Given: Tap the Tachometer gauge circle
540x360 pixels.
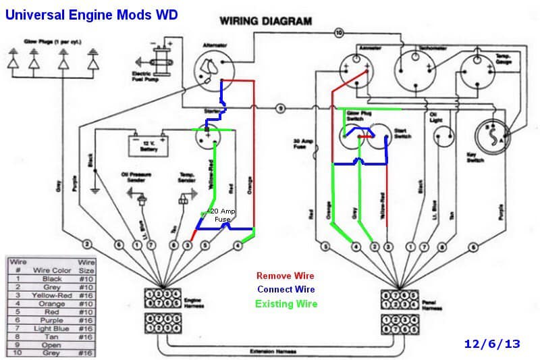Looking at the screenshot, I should pyautogui.click(x=417, y=72).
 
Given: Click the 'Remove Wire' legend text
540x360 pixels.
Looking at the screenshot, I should pyautogui.click(x=286, y=276).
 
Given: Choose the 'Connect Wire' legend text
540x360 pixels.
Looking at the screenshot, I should pyautogui.click(x=286, y=289).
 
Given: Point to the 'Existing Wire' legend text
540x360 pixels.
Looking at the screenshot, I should pyautogui.click(x=286, y=303).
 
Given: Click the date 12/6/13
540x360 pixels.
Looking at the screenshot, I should pyautogui.click(x=492, y=343).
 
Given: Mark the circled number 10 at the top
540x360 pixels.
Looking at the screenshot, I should pyautogui.click(x=339, y=32).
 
